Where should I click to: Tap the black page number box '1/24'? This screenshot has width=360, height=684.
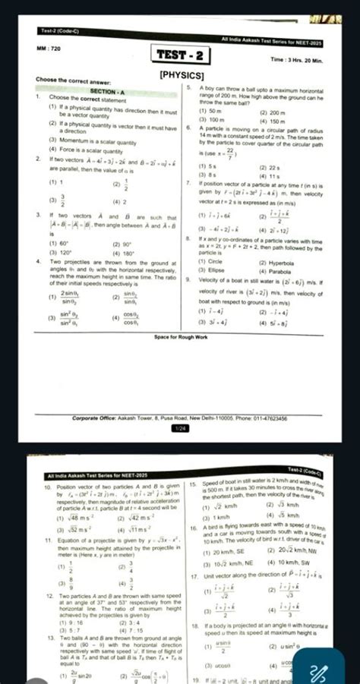click(x=179, y=428)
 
